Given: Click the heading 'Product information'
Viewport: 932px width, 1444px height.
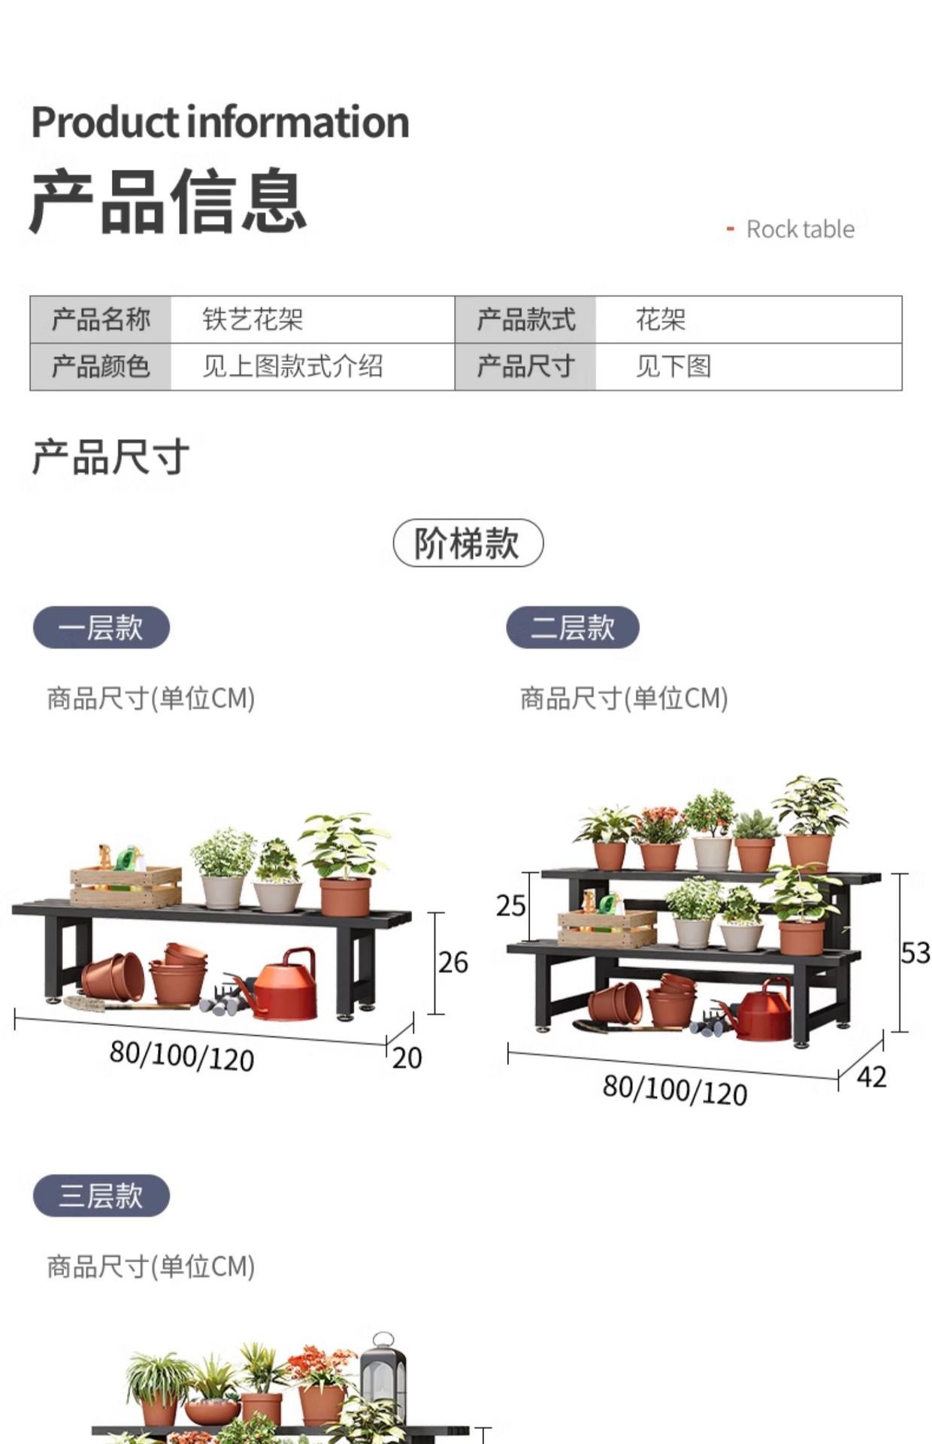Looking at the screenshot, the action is tap(220, 123).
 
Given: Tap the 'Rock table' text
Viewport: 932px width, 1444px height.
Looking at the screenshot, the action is tap(800, 229).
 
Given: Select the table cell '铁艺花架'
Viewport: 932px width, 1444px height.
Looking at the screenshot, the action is tap(253, 320).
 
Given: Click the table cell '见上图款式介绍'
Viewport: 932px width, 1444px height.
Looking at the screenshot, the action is tap(292, 366).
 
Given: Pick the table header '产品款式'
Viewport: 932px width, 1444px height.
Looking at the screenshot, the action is tap(525, 320).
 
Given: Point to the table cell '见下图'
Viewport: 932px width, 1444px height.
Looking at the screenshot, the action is tap(673, 366).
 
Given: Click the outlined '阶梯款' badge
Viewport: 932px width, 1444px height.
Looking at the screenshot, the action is tap(468, 543).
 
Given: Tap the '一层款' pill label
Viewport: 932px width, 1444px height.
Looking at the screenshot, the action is tap(101, 627).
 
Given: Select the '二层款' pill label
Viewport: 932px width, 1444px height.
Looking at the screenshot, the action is tap(573, 627).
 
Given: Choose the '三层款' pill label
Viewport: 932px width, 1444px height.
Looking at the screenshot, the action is tap(101, 1195).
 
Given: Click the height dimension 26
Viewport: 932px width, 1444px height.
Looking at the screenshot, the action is tap(453, 963).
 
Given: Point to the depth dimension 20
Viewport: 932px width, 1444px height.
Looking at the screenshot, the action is tap(407, 1058).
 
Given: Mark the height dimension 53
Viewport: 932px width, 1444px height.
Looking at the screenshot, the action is tap(915, 953).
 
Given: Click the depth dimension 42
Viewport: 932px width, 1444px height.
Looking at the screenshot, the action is tap(872, 1077).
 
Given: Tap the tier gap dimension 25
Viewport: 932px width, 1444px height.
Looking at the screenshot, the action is tap(510, 906).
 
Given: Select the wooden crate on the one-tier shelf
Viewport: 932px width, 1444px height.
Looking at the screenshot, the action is tap(126, 885).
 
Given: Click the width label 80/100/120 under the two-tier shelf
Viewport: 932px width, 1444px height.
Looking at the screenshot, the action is tap(675, 1090).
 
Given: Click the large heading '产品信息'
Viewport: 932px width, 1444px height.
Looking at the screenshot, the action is tap(168, 202).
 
